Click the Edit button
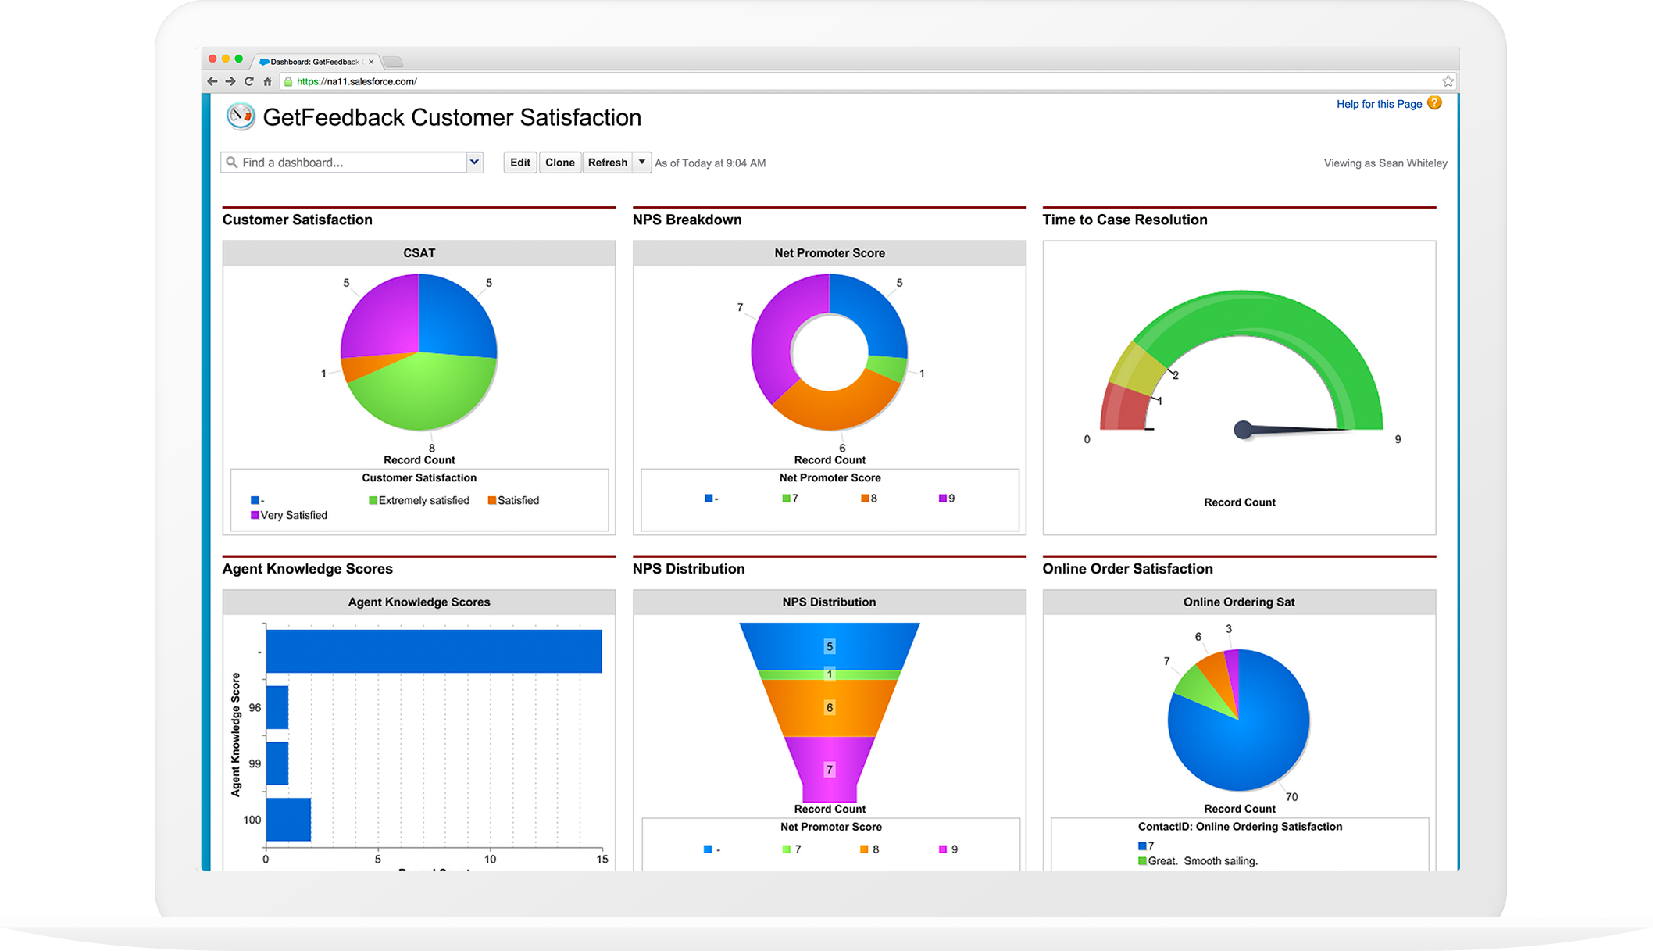click(519, 163)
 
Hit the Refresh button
click(607, 163)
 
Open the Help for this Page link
click(1379, 104)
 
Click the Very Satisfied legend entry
click(293, 515)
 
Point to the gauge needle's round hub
click(1243, 430)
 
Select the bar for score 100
click(288, 820)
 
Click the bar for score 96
click(277, 708)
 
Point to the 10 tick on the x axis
click(490, 859)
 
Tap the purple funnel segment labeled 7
click(830, 769)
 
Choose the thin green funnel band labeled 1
click(830, 674)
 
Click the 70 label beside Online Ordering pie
click(1291, 797)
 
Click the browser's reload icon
click(249, 81)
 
